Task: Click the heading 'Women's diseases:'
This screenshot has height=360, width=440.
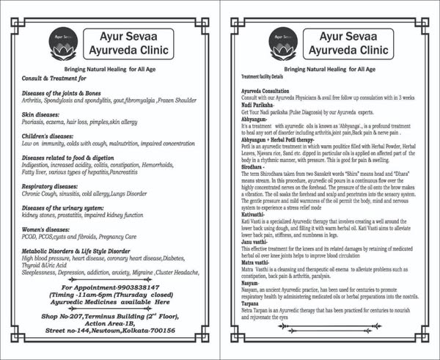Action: tap(49, 229)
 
